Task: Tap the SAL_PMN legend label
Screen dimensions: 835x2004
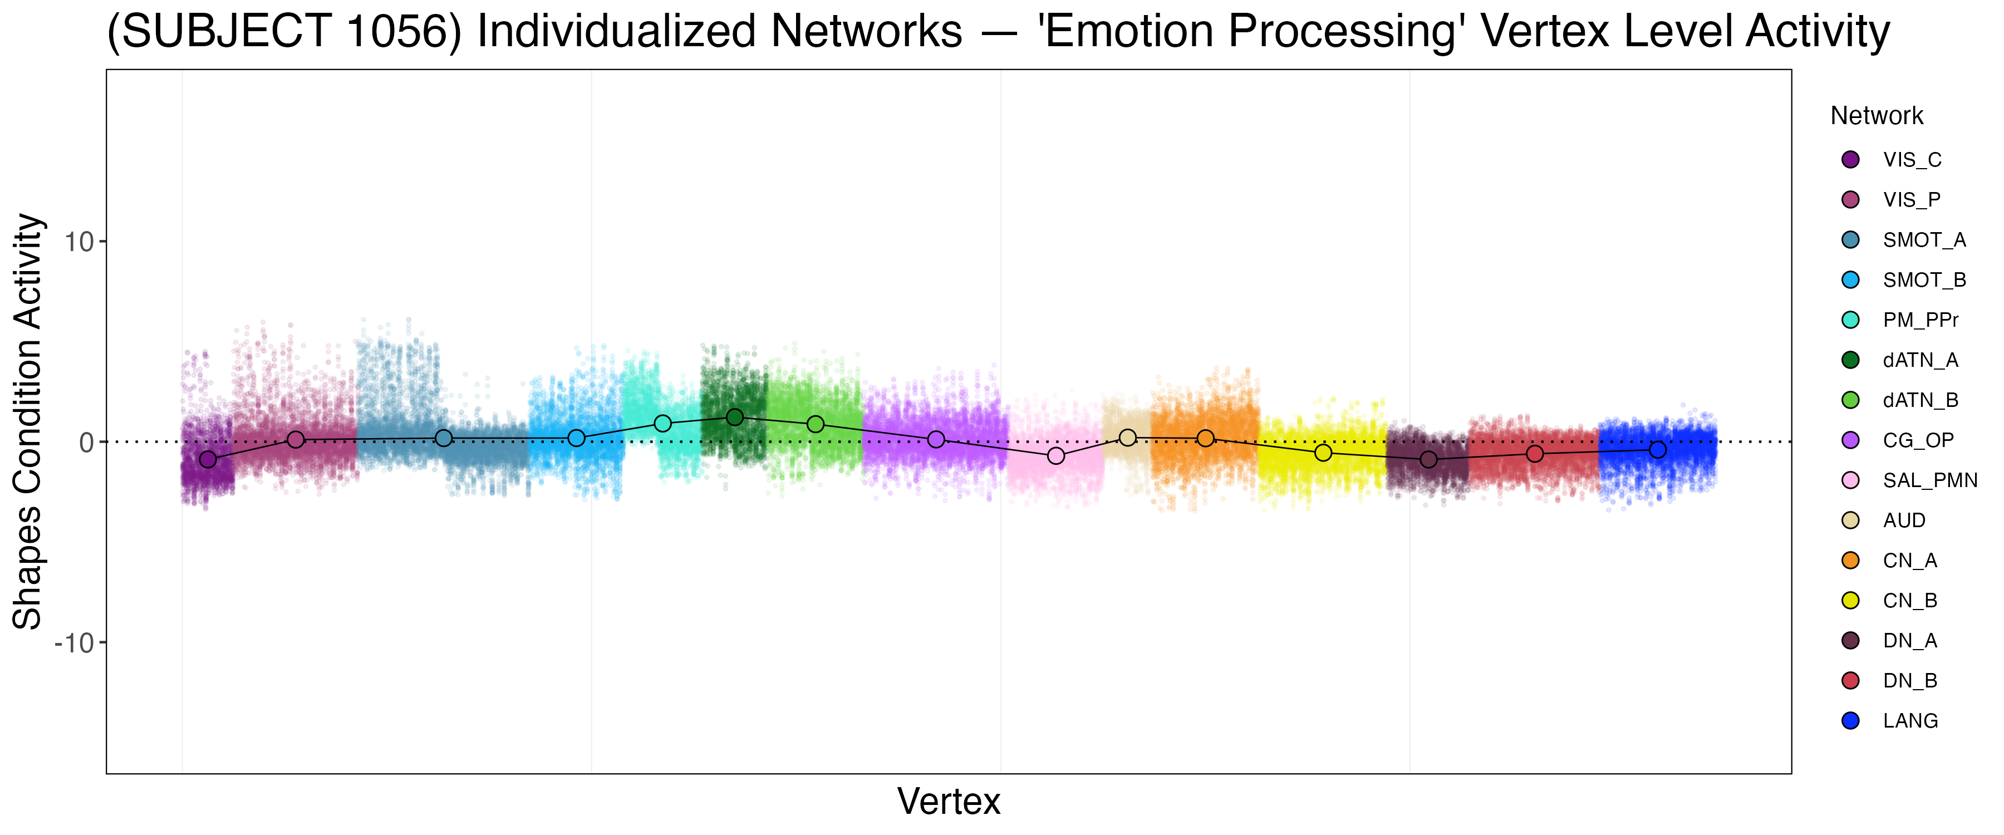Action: click(1929, 481)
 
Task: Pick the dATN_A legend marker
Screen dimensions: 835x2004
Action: click(1851, 360)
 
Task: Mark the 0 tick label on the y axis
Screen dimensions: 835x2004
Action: click(86, 443)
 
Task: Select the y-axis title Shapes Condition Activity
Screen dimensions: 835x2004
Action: click(28, 421)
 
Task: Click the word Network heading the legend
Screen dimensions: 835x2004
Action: click(1877, 116)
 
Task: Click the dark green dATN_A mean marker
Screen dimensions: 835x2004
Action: click(734, 417)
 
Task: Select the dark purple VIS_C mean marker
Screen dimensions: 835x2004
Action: click(208, 459)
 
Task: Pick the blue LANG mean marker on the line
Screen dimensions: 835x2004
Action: click(1658, 450)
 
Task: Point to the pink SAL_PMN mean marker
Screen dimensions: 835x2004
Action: click(1055, 455)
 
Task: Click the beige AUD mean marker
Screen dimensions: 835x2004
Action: click(1127, 438)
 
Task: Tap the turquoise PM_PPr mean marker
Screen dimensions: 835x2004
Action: click(663, 423)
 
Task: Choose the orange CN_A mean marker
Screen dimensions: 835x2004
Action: click(1205, 438)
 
